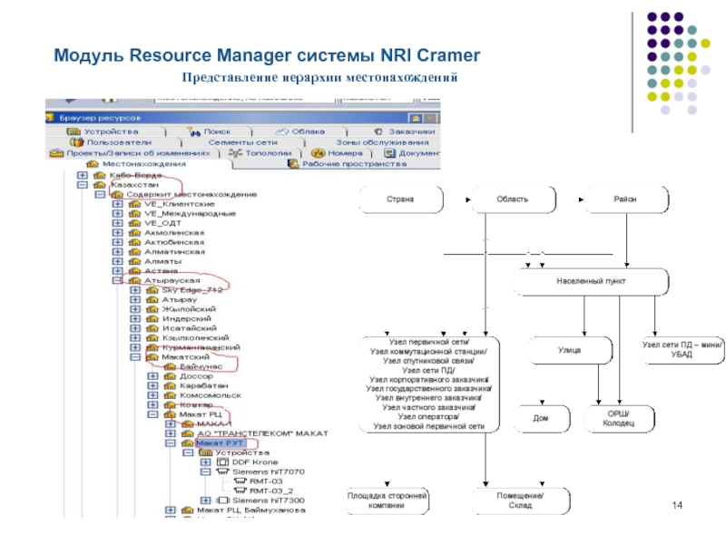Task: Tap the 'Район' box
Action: click(623, 198)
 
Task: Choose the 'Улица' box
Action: click(569, 349)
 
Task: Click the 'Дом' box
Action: click(539, 418)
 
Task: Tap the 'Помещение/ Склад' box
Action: click(519, 501)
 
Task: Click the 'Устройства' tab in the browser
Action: click(111, 131)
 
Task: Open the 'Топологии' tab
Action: click(268, 153)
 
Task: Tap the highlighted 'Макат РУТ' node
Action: click(221, 442)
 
